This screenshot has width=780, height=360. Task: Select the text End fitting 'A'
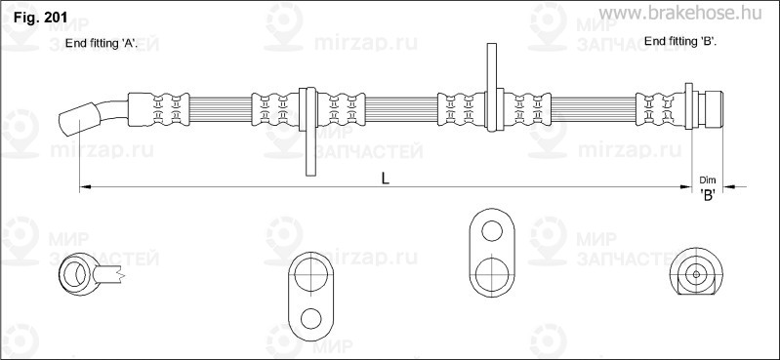101,44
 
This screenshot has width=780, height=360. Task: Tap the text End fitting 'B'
680,42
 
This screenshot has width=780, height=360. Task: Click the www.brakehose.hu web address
680,13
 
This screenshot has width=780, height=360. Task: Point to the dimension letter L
386,179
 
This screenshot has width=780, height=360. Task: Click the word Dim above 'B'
707,180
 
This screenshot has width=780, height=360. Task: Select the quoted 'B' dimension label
708,195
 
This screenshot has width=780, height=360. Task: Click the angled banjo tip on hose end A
79,119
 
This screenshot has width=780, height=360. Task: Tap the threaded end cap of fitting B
710,109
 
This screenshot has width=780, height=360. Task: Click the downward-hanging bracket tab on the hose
310,132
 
